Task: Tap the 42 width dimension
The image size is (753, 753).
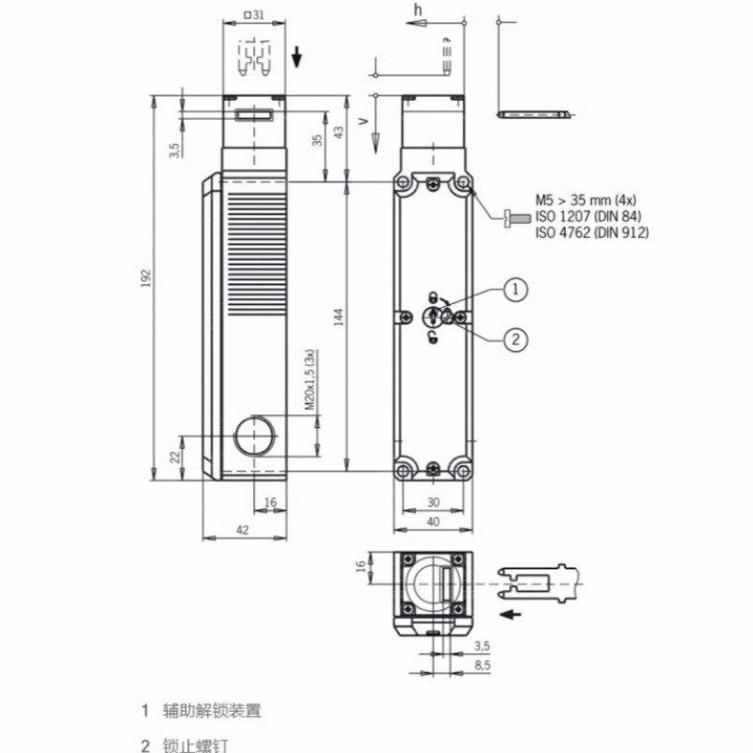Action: [242, 531]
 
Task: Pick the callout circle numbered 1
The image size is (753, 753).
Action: [515, 291]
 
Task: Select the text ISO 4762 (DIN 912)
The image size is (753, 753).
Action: [592, 232]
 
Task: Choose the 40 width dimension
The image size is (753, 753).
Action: [433, 521]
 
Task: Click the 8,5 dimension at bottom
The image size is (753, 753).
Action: [482, 665]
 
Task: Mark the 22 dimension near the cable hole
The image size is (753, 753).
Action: [174, 457]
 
